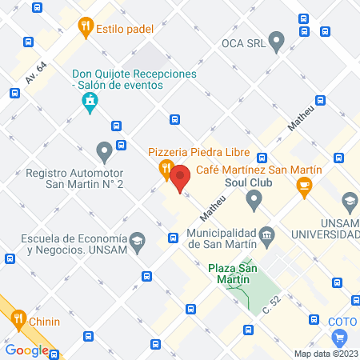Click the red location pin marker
point(180,177)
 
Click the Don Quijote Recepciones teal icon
point(90,101)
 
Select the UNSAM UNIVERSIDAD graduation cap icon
point(349,200)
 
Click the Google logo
point(26,350)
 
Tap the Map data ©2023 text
point(325,354)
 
